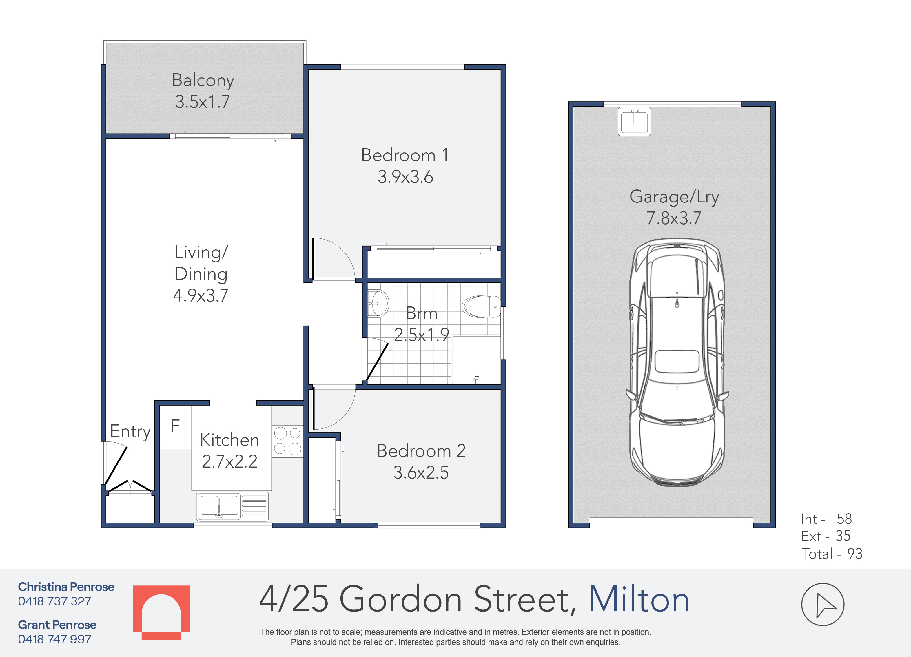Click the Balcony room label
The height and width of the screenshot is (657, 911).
point(203,80)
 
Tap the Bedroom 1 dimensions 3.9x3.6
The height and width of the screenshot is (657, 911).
point(405,177)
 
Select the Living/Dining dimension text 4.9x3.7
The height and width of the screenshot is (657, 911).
point(201,295)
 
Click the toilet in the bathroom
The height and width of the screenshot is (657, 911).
point(481,306)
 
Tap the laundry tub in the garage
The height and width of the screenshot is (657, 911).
point(634,122)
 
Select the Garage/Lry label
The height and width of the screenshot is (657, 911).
point(674,197)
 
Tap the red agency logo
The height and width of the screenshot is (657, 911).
point(161,612)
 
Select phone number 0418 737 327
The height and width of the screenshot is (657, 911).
point(55,601)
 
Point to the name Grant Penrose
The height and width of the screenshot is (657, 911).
point(57,625)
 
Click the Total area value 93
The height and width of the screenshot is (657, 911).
point(855,554)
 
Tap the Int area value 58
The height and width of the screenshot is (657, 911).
point(844,519)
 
